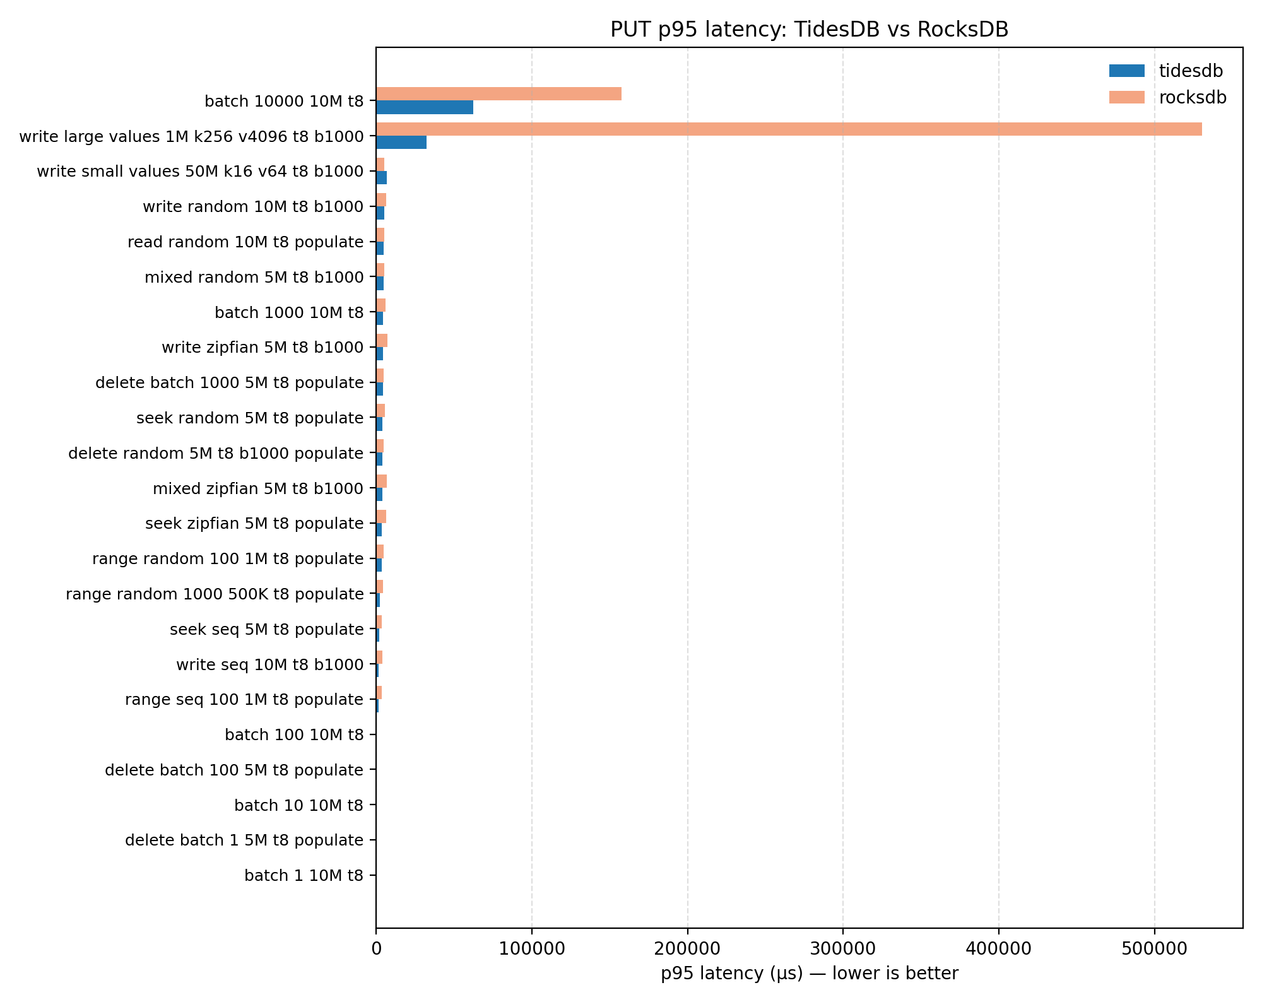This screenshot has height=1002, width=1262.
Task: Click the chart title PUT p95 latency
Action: point(809,30)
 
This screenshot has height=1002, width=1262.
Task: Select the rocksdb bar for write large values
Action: point(789,129)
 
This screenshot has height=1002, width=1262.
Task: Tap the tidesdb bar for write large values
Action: point(401,143)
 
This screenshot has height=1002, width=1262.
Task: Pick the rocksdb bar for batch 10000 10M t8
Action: point(498,94)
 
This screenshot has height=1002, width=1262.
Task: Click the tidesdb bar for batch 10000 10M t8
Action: point(425,107)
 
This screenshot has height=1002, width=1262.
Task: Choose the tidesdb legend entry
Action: point(1190,71)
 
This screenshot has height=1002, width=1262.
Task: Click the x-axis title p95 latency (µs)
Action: point(809,974)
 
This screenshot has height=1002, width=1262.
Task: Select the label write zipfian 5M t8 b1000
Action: point(262,348)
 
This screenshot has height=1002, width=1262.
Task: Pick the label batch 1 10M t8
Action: point(304,876)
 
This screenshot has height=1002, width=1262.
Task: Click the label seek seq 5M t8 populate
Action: point(266,630)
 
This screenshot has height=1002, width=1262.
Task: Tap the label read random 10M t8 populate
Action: point(245,242)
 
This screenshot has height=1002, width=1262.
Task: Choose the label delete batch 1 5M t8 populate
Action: point(244,840)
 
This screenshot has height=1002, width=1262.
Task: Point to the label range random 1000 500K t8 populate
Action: point(215,594)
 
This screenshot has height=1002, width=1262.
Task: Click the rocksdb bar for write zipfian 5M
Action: point(382,341)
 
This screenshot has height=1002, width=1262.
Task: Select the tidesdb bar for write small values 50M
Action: point(381,178)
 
